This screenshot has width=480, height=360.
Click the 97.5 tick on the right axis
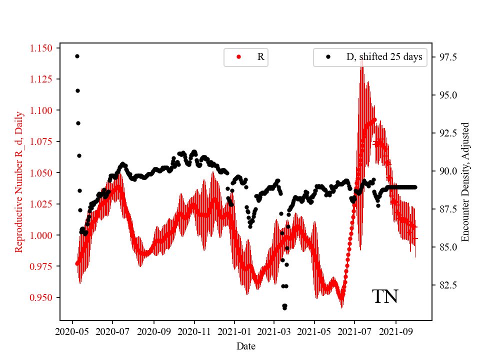point(446,57)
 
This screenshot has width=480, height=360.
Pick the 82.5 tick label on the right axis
point(446,285)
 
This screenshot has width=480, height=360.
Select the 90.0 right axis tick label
point(446,171)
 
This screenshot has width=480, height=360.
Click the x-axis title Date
point(245,345)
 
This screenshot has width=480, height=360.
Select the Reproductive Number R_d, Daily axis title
point(19,182)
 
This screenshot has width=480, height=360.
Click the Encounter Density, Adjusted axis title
point(465,182)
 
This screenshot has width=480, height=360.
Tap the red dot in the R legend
point(238,57)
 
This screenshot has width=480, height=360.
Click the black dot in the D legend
point(328,57)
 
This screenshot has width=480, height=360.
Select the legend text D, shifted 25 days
point(384,57)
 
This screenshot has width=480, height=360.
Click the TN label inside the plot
point(385,297)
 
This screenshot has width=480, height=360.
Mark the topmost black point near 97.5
point(77,56)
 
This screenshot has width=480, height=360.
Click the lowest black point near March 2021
point(284,308)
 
